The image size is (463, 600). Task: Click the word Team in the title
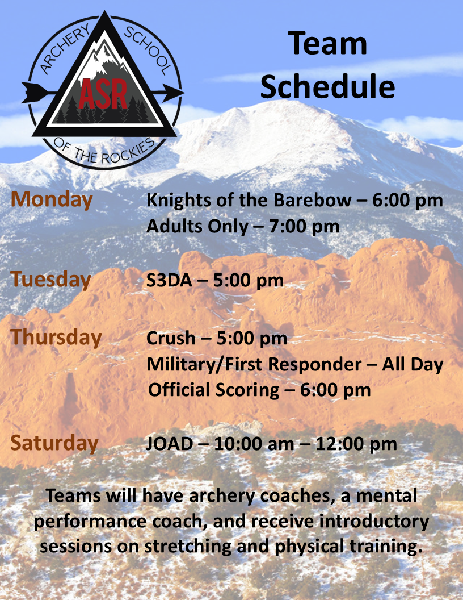tap(327, 43)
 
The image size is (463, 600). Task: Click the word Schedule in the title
tap(327, 86)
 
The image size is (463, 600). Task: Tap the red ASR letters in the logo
tap(103, 94)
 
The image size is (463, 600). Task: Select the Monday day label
tap(52, 199)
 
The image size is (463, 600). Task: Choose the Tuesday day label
tap(50, 279)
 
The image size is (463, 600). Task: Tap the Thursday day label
tap(56, 338)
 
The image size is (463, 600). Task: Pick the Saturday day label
tap(54, 443)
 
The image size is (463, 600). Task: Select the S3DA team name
tap(169, 281)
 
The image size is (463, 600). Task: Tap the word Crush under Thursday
tap(171, 338)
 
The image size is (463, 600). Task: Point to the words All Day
tap(413, 365)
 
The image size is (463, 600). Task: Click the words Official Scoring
tap(214, 390)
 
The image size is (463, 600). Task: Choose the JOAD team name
tap(170, 444)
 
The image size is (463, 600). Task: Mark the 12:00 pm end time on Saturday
tap(356, 444)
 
